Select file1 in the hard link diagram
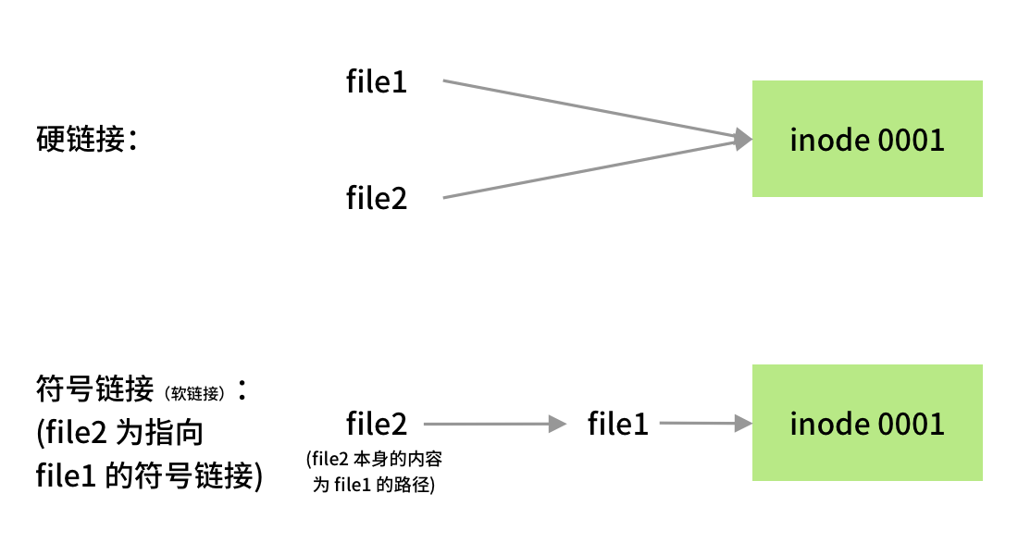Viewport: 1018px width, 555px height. [377, 82]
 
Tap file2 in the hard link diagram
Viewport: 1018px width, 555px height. [377, 198]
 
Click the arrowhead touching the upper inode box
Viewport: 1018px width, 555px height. [741, 140]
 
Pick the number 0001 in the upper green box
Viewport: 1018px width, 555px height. [911, 140]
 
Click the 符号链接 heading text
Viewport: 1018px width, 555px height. [94, 389]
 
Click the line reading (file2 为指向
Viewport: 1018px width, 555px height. [120, 433]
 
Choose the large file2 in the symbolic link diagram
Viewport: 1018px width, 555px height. [377, 425]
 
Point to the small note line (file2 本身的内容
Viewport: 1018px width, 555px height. [377, 460]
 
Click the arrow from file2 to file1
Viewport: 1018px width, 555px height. [495, 425]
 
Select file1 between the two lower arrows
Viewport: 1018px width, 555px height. [618, 425]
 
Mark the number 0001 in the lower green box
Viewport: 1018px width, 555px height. [911, 425]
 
